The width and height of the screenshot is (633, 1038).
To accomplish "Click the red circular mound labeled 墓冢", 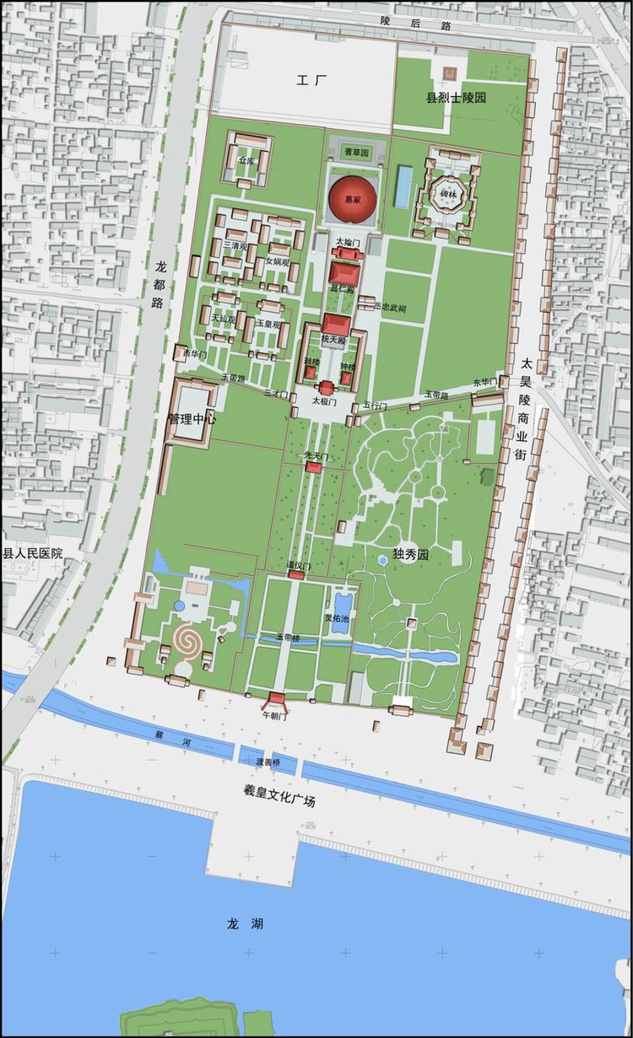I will point(352,200).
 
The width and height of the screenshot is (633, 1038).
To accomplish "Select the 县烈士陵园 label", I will point(456,99).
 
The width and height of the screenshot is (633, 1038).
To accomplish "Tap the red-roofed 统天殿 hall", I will point(335,326).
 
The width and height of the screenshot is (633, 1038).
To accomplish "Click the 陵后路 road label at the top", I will point(404,23).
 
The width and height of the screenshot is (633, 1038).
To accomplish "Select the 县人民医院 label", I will point(33,554).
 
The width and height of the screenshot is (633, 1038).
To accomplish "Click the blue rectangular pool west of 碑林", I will point(404,186).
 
